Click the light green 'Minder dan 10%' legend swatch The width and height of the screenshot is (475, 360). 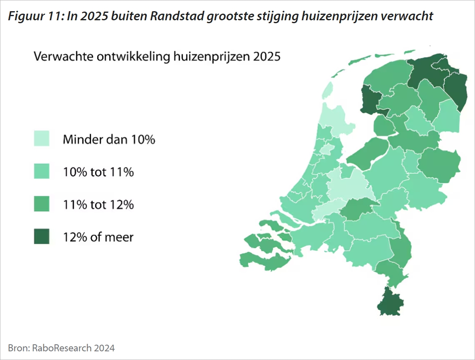[x=42, y=139]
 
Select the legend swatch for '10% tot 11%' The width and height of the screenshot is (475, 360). [x=42, y=171]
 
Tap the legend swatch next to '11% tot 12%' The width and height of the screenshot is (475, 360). [x=42, y=204]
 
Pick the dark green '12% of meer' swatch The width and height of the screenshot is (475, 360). [x=42, y=237]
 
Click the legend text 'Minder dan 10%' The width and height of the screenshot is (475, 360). [x=109, y=139]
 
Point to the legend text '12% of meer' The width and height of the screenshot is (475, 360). [x=98, y=237]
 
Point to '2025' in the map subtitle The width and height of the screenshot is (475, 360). [x=267, y=56]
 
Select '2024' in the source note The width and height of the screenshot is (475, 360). [x=104, y=348]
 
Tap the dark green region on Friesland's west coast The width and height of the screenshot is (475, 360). [x=370, y=99]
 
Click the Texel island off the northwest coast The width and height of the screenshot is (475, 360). [x=327, y=90]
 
